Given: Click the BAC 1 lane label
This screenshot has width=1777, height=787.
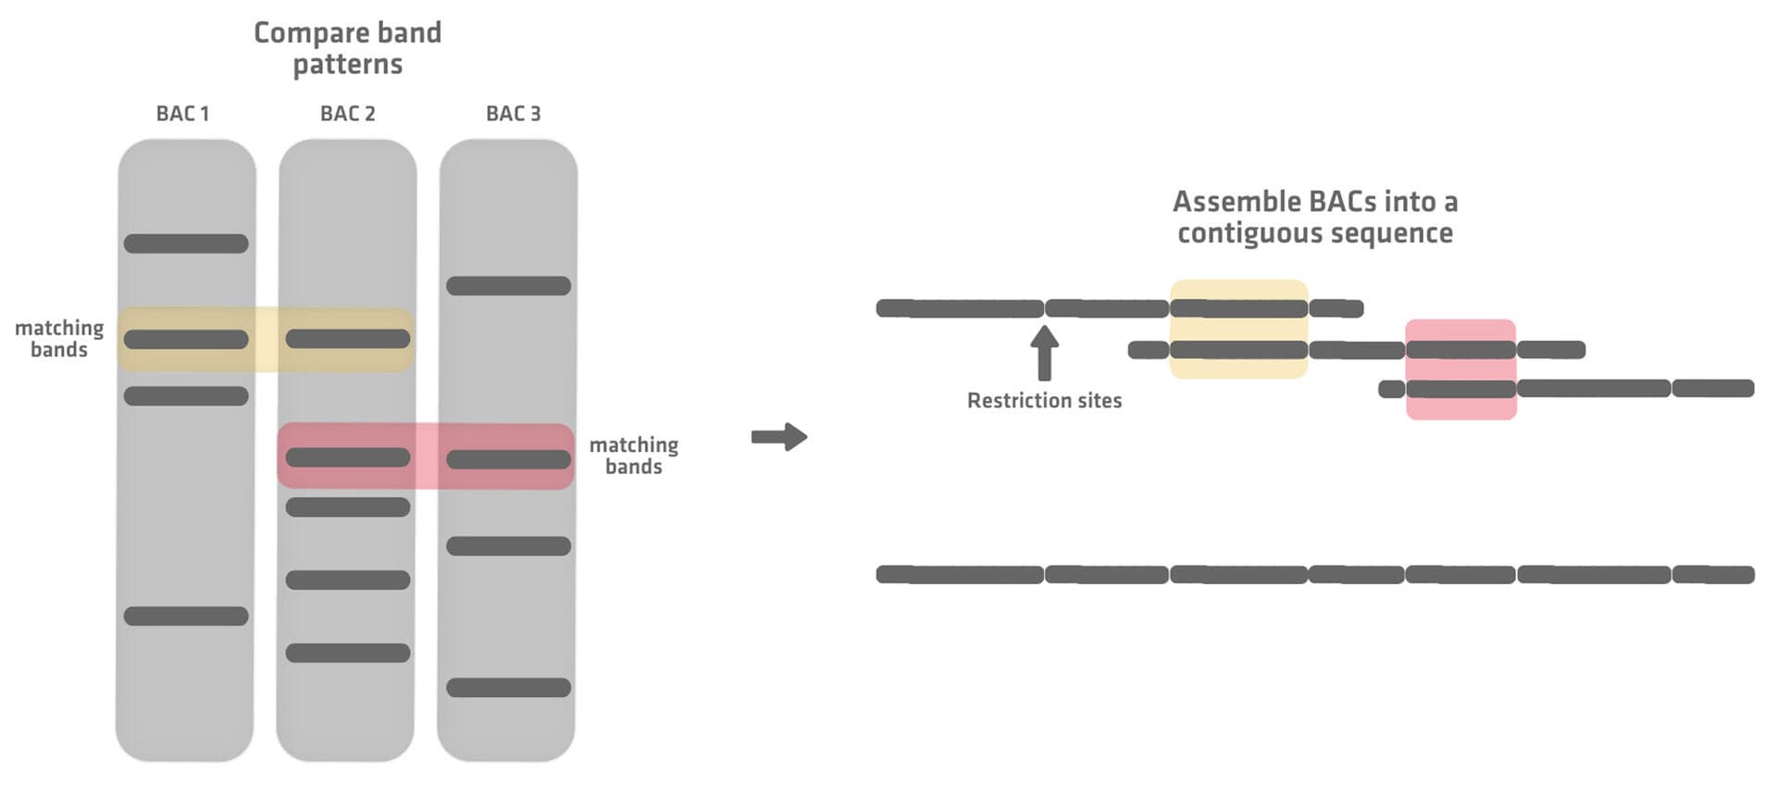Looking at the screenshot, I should [x=182, y=114].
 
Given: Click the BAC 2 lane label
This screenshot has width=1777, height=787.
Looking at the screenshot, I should [x=347, y=114].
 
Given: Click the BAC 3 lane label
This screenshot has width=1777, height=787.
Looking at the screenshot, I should [x=513, y=114].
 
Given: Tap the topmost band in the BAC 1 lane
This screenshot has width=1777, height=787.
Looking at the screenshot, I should [x=186, y=244].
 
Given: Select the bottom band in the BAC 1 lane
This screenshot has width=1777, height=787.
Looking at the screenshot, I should [x=186, y=617].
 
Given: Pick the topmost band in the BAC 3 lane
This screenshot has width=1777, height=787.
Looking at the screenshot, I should [x=508, y=286].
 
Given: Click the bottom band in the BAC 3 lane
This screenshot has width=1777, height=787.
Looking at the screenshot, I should [x=508, y=688].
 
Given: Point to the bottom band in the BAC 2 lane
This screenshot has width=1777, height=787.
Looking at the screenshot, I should [x=348, y=654].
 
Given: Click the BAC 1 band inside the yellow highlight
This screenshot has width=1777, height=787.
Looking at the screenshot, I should [x=186, y=340].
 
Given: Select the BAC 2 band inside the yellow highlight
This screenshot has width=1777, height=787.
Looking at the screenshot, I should [x=348, y=339].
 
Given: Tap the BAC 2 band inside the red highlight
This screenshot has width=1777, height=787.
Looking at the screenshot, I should [x=348, y=457].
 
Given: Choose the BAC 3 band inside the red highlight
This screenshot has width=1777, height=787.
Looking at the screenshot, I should [x=508, y=459].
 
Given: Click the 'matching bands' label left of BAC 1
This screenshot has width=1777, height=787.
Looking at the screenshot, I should [x=59, y=339].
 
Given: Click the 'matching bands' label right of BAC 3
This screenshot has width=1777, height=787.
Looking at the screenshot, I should [x=634, y=456].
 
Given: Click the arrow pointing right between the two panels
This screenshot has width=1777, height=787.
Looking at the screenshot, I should [x=779, y=437].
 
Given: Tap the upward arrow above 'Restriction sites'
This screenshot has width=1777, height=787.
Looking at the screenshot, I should [x=1045, y=354].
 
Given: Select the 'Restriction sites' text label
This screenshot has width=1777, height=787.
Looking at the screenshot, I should [x=1044, y=401].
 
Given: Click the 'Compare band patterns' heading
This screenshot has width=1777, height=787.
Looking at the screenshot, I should [x=348, y=48].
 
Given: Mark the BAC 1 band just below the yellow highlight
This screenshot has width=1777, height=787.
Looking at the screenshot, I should [x=186, y=396].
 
